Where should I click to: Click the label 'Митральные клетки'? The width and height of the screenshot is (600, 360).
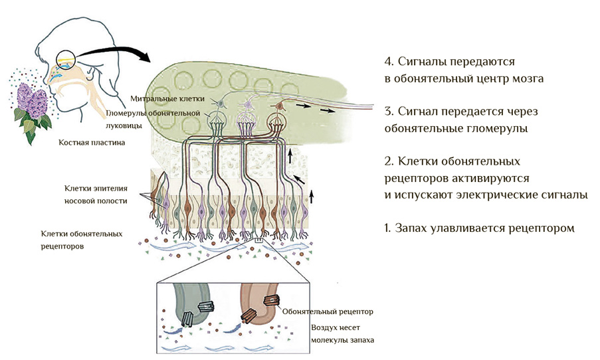tap(162, 99)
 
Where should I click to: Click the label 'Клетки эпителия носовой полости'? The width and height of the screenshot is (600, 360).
tap(96, 194)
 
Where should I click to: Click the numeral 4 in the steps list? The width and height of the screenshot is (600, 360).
tap(389, 62)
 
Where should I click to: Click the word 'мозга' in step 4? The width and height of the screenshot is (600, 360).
tap(526, 78)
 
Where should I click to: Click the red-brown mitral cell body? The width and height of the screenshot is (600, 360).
tap(280, 104)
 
